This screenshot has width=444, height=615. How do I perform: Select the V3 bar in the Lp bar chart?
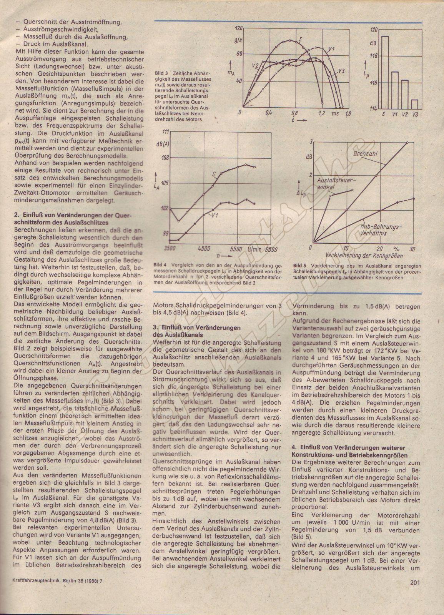pos(414,105)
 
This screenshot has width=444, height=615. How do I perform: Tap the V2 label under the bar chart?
pos(404,114)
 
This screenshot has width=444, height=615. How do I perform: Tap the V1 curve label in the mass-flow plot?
pos(332,49)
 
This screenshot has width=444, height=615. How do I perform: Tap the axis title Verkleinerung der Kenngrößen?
pos(364,256)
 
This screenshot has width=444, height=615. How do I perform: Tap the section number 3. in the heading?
pos(155,327)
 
